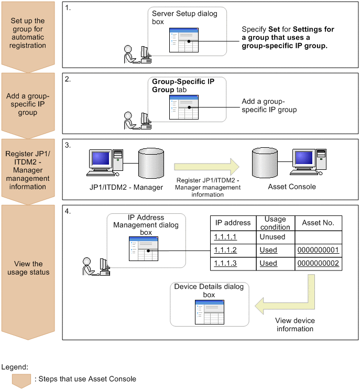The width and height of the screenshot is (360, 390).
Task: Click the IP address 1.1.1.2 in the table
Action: pyautogui.click(x=225, y=250)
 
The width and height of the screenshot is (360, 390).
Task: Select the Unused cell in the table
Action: pyautogui.click(x=272, y=237)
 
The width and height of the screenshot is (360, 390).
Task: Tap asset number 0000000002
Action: pyautogui.click(x=318, y=263)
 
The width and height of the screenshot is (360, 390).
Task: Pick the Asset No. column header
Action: pyautogui.click(x=318, y=223)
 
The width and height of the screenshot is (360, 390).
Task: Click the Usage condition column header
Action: pyautogui.click(x=275, y=223)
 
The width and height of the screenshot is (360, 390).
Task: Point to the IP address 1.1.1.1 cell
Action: pyautogui.click(x=225, y=237)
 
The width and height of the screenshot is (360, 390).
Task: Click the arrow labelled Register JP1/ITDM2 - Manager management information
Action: pyautogui.click(x=207, y=167)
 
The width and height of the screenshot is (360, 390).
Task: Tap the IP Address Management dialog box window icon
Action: pyautogui.click(x=145, y=249)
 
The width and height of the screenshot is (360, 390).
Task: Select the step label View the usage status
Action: pyautogui.click(x=29, y=268)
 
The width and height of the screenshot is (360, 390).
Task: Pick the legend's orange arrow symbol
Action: pyautogui.click(x=21, y=380)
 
